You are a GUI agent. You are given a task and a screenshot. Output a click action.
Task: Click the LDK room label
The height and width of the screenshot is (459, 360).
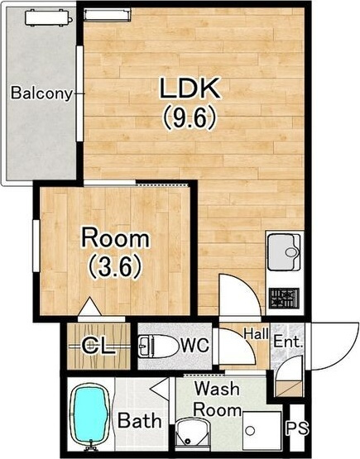tap(190, 88)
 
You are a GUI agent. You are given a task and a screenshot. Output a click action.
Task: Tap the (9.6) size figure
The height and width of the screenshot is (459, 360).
tap(190, 117)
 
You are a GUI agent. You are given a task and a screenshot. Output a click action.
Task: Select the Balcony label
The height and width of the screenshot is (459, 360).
tap(41, 93)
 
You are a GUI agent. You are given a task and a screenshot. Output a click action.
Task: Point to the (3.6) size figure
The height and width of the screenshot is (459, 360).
tap(115, 266)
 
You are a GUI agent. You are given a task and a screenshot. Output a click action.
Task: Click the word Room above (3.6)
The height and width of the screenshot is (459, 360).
tap(115, 238)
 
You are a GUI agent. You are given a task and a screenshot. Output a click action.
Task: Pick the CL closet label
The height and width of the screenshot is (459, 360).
tap(98, 347)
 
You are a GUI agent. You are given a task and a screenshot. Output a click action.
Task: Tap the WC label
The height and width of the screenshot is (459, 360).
tap(194, 345)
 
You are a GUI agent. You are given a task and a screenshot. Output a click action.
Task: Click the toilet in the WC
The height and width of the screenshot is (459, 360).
tap(157, 347)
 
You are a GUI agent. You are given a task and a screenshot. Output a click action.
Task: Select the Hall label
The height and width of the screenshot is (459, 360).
tap(257, 333)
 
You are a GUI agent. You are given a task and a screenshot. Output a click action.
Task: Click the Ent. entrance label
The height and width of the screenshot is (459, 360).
tap(288, 342)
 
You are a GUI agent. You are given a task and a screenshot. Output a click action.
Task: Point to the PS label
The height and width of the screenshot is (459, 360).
tap(297, 428)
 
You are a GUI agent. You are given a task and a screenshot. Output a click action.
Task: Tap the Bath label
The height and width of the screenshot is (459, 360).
tap(139, 420)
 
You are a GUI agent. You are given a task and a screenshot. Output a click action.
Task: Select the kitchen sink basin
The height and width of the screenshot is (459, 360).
tap(284, 252)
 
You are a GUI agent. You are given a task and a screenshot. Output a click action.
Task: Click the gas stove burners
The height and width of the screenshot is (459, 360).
tap(284, 299)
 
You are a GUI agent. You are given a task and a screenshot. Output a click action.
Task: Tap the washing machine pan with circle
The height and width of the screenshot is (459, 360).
tap(262, 430)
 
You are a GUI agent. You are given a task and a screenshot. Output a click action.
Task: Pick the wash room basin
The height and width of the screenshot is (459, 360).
tap(192, 434)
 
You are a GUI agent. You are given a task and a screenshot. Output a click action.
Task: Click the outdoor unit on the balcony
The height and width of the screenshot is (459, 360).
tap(49, 18)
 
